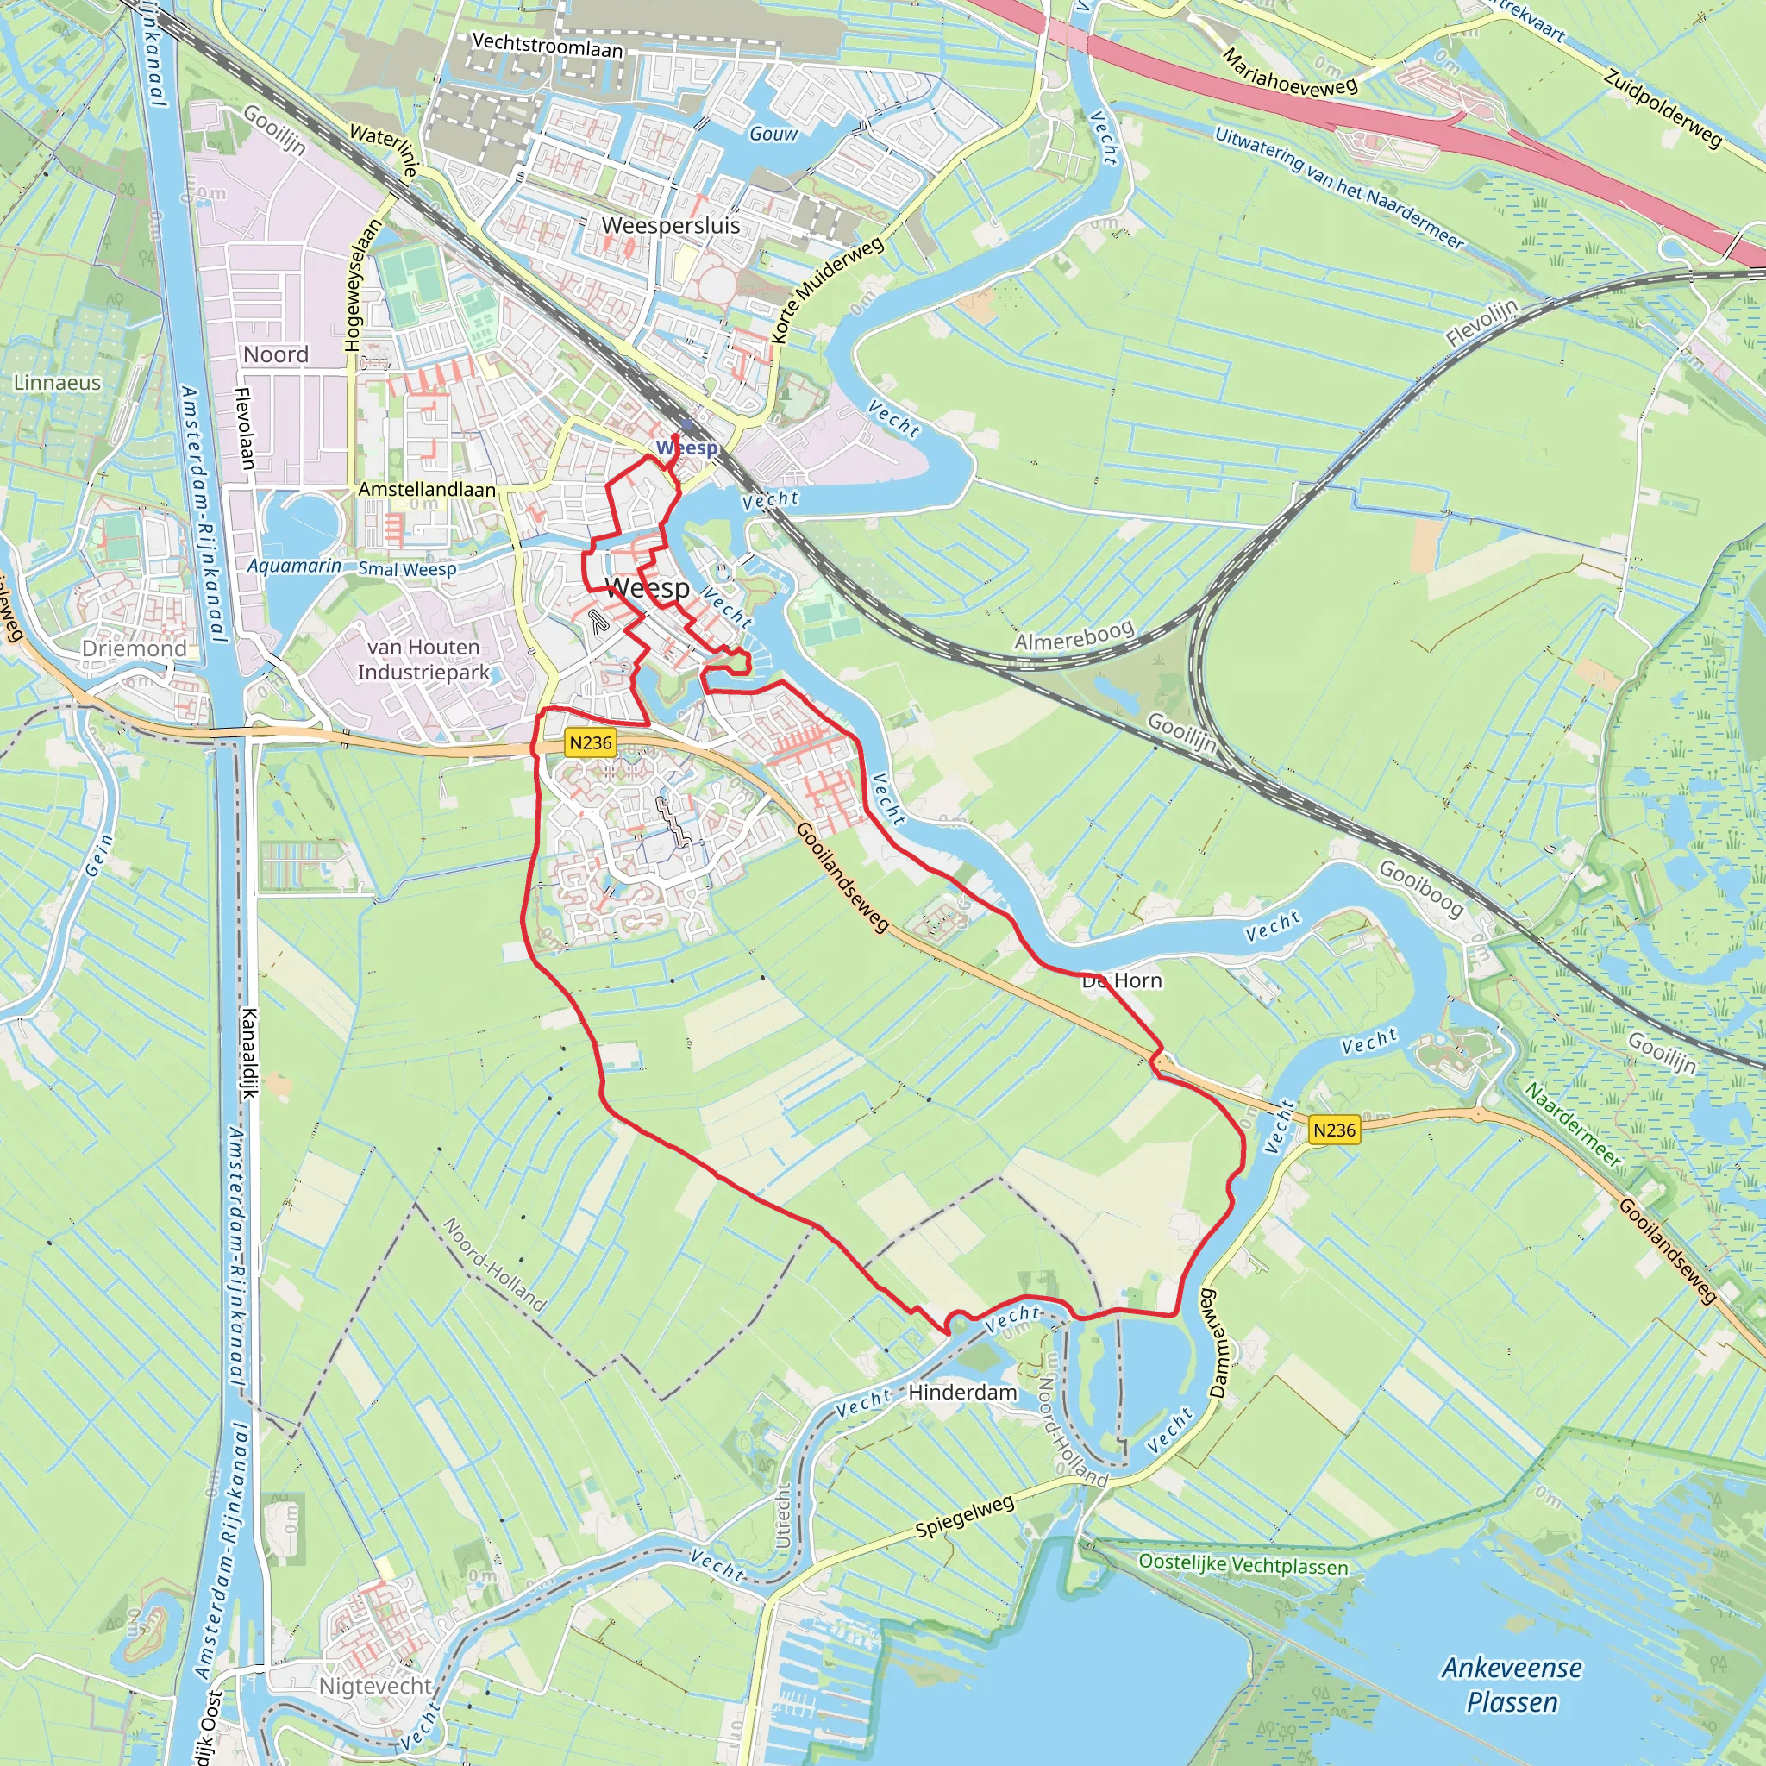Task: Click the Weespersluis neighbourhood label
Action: click(x=670, y=225)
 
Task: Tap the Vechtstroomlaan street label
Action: click(x=547, y=45)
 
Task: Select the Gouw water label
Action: click(x=773, y=134)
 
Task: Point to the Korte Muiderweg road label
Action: click(x=827, y=290)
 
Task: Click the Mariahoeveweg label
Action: click(x=1290, y=73)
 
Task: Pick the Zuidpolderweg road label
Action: click(x=1663, y=107)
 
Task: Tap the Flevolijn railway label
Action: click(x=1481, y=323)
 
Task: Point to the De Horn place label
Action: click(x=1122, y=980)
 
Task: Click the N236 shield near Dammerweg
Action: click(x=1334, y=1130)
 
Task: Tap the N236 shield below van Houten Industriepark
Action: click(x=591, y=742)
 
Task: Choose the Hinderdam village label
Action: click(x=962, y=1392)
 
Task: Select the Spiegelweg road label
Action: click(x=964, y=1517)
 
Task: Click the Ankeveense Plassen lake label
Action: click(x=1512, y=1685)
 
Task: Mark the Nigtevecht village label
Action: click(x=375, y=1686)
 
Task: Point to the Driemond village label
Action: click(x=134, y=648)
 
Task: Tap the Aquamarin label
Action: click(x=294, y=566)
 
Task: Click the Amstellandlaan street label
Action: click(x=427, y=489)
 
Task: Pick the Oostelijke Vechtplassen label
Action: click(x=1243, y=1564)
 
